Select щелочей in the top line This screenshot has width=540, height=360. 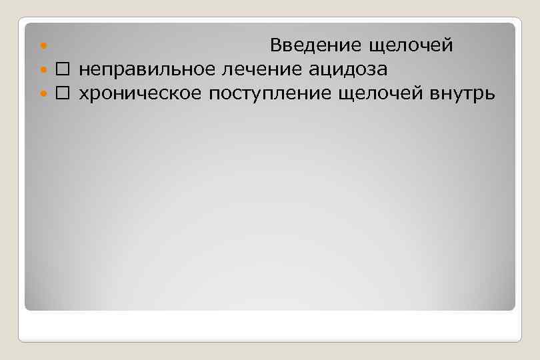coord(410,45)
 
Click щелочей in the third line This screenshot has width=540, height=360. coord(380,94)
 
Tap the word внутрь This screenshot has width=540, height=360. coord(462,94)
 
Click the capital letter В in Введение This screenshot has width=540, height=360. coord(276,45)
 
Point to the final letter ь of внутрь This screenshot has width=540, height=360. coord(490,95)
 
